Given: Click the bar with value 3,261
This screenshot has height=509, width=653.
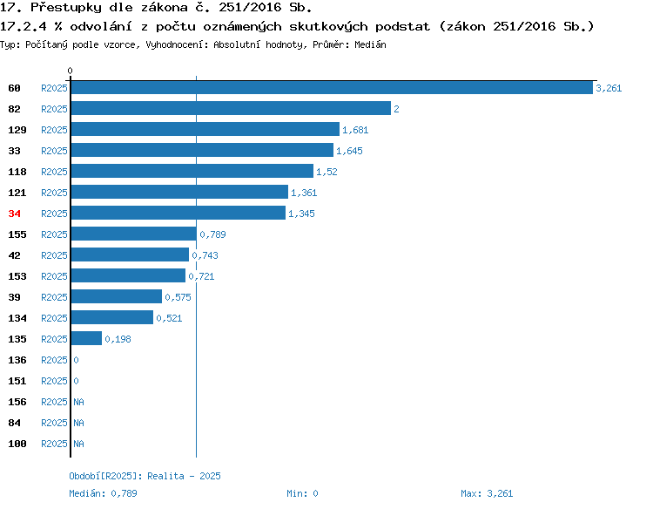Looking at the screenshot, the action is pyautogui.click(x=332, y=87).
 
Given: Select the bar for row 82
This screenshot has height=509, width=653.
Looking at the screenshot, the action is pyautogui.click(x=231, y=108).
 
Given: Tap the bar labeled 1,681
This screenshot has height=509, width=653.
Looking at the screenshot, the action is pyautogui.click(x=205, y=129).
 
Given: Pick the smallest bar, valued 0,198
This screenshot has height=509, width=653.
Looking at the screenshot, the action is pyautogui.click(x=86, y=338).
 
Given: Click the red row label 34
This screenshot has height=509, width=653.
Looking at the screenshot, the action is pyautogui.click(x=14, y=214).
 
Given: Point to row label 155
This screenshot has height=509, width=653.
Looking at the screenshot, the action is pyautogui.click(x=17, y=234).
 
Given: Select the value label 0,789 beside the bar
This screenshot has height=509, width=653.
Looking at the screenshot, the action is pyautogui.click(x=212, y=234).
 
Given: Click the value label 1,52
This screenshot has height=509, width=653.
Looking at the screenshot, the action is pyautogui.click(x=326, y=172).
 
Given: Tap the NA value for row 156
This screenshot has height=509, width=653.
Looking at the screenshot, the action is pyautogui.click(x=78, y=402).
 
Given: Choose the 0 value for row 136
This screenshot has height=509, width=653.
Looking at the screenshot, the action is pyautogui.click(x=76, y=360).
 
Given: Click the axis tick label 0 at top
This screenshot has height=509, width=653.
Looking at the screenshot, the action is pyautogui.click(x=70, y=71).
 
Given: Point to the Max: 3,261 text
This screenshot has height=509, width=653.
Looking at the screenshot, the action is pyautogui.click(x=487, y=493).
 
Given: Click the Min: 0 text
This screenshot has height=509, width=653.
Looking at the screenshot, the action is pyautogui.click(x=302, y=493).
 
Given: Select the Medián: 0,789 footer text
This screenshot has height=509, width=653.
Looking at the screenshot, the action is pyautogui.click(x=103, y=493).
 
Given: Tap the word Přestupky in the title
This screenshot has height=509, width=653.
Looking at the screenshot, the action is pyautogui.click(x=66, y=8).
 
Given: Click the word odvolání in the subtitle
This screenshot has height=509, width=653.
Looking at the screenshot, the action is pyautogui.click(x=101, y=27).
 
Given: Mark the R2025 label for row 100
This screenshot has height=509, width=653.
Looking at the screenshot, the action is pyautogui.click(x=54, y=444).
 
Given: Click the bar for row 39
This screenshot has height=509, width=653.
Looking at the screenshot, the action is pyautogui.click(x=117, y=296).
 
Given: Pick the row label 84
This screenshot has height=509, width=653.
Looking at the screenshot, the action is pyautogui.click(x=14, y=423).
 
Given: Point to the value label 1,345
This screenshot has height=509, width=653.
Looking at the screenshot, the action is pyautogui.click(x=301, y=214).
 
